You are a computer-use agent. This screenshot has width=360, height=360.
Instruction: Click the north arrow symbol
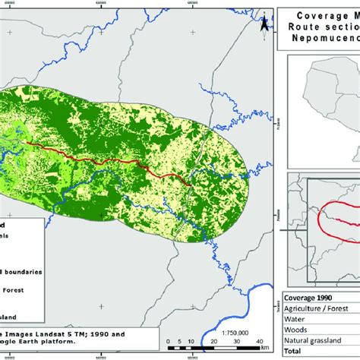[263, 23]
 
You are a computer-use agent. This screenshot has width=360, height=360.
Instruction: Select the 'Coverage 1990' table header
[310, 297]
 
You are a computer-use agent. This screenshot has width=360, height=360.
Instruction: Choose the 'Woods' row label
[297, 331]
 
